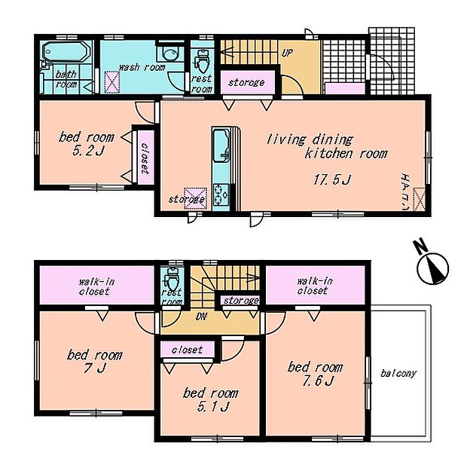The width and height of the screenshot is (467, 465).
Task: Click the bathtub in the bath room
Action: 66,52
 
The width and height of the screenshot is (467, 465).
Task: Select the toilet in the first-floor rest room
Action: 202,62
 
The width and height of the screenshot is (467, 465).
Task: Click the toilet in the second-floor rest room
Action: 172,278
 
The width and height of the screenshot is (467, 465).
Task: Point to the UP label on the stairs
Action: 287,54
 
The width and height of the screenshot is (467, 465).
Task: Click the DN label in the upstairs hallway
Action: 201,317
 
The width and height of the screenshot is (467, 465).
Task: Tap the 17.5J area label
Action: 332,179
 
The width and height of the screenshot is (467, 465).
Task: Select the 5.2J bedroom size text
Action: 87,151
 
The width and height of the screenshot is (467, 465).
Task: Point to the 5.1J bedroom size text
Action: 212,406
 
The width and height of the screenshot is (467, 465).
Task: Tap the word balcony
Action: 398,373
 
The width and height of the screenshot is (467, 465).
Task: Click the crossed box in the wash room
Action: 112,82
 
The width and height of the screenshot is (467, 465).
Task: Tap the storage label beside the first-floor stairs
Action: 246,82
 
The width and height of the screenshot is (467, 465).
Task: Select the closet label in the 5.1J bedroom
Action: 187,350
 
